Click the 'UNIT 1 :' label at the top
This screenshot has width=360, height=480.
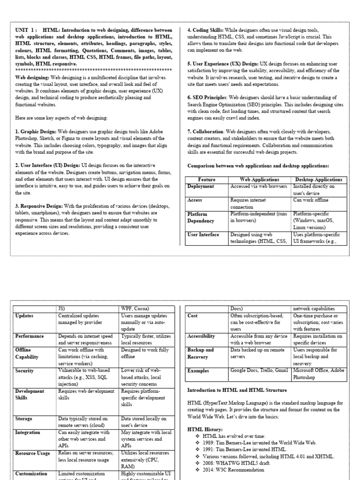pos(26,29)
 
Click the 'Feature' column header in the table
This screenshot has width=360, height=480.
pos(207,180)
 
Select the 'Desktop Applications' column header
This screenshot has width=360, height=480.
pos(319,180)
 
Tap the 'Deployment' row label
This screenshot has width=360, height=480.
pos(201,187)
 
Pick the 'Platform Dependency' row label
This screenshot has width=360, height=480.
pos(201,217)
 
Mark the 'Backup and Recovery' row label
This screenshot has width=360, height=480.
pos(201,353)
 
